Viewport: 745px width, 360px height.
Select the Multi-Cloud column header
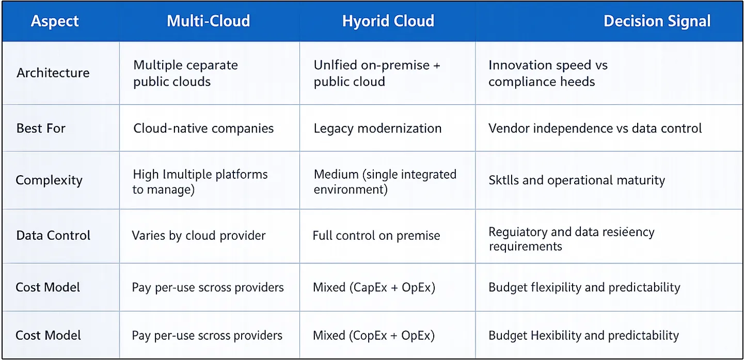[208, 21]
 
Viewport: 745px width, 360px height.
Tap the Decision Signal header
[657, 21]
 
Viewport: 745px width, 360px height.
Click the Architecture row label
[53, 73]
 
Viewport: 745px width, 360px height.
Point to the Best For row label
[41, 128]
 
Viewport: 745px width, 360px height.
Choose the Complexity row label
[49, 180]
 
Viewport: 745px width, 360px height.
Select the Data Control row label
[53, 236]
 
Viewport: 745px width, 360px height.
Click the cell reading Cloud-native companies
[203, 128]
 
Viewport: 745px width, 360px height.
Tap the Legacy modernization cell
[377, 128]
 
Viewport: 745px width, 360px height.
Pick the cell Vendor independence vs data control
[595, 128]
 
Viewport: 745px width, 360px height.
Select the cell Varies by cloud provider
[199, 236]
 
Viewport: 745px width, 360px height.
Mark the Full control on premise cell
[376, 236]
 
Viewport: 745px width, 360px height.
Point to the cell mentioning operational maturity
[577, 180]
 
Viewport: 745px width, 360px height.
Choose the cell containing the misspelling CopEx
[374, 335]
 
